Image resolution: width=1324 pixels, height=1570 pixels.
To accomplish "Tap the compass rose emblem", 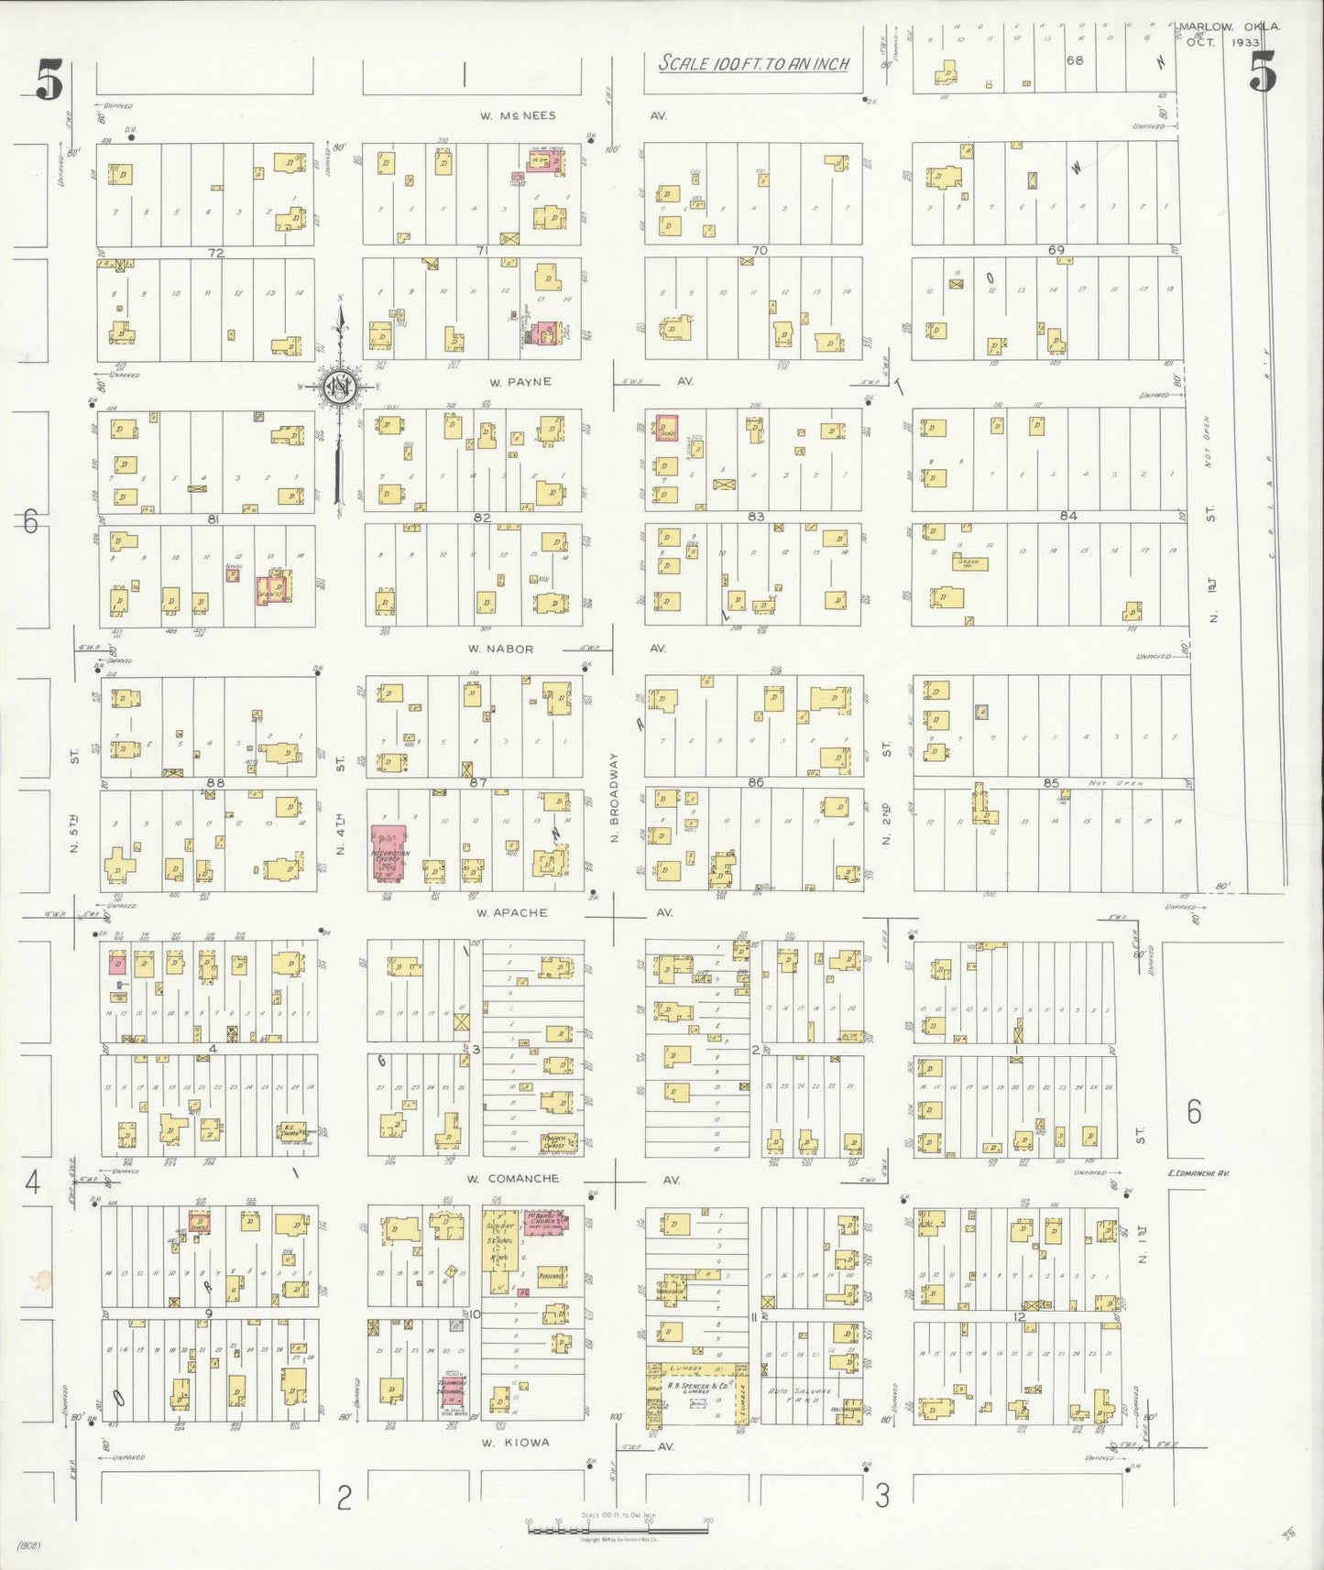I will [x=339, y=388].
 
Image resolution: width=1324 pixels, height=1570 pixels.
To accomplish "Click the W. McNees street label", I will [x=518, y=116].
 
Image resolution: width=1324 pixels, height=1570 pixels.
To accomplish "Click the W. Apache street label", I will [x=512, y=912].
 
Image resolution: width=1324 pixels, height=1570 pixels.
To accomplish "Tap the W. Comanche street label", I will [x=511, y=1179].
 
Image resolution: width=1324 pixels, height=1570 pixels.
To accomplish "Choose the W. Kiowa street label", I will [x=514, y=1442].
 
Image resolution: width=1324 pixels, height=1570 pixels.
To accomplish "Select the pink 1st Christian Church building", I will [x=388, y=853].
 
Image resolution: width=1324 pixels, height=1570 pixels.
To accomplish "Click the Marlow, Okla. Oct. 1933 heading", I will [x=1229, y=34].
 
